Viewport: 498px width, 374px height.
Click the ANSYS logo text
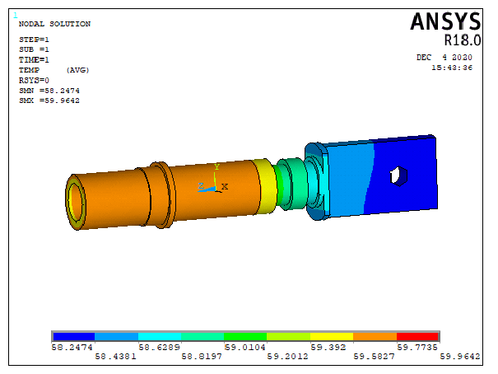point(445,21)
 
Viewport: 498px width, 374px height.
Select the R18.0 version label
point(463,40)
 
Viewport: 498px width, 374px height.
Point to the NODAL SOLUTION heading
point(54,24)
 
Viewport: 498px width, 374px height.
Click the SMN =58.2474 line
point(49,91)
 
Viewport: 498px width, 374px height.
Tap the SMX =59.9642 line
point(49,101)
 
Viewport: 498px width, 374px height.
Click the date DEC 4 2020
point(444,57)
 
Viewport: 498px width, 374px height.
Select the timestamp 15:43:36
point(452,68)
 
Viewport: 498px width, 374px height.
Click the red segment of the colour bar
point(417,336)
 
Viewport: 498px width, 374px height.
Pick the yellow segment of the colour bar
point(332,336)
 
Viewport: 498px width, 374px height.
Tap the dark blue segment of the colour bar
point(74,336)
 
